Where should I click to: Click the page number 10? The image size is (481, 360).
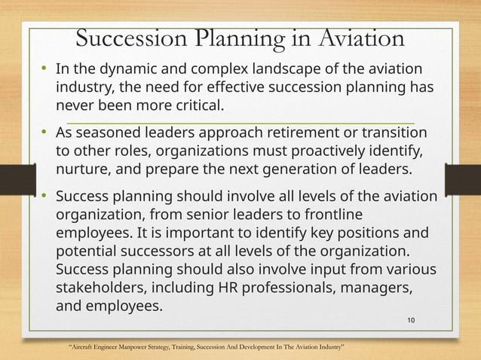pos(411,321)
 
